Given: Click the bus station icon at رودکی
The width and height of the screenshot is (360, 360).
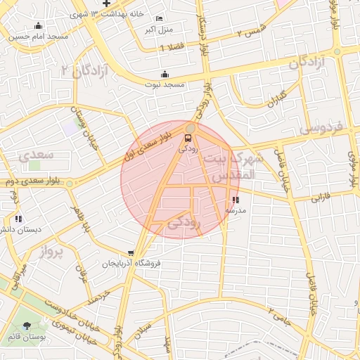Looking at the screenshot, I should [x=188, y=138].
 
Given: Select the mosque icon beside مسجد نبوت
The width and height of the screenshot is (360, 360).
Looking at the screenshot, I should [x=165, y=74].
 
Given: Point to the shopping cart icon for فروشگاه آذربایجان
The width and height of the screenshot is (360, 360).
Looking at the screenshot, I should [x=131, y=253].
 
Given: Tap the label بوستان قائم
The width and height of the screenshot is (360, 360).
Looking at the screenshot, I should [x=27, y=336].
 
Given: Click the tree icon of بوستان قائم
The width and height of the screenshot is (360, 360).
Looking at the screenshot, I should [x=27, y=326].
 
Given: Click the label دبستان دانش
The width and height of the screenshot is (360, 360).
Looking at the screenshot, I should [x=20, y=229].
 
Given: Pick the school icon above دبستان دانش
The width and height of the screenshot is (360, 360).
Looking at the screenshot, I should [x=18, y=219].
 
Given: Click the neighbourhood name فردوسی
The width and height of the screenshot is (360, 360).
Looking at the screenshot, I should [x=321, y=129].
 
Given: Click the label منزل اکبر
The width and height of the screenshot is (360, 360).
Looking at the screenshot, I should [x=159, y=30].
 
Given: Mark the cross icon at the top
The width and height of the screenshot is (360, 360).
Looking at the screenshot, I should [x=105, y=4].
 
